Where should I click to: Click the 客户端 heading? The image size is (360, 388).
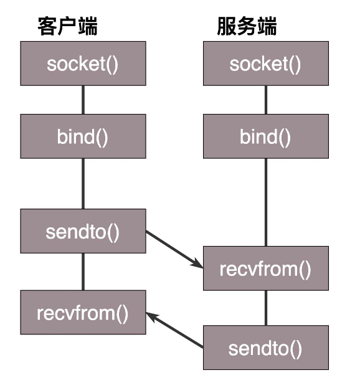(x=68, y=27)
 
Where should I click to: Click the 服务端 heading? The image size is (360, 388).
(x=247, y=27)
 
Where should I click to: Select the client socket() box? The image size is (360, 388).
(x=83, y=64)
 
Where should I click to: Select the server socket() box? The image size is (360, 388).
(x=265, y=64)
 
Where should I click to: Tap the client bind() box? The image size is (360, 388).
(x=83, y=136)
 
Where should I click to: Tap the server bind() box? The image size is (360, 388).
(x=265, y=136)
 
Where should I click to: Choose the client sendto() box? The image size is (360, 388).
(x=83, y=232)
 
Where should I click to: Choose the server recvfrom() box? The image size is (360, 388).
(x=265, y=268)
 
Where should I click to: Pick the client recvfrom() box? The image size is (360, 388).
(x=83, y=312)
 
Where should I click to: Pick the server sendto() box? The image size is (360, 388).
(x=265, y=348)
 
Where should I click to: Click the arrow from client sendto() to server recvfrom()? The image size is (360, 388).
(x=174, y=249)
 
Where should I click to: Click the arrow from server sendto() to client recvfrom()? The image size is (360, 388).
(x=176, y=330)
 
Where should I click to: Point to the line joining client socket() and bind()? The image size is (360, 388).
(x=83, y=100)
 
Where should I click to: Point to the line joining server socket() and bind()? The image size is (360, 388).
(x=265, y=100)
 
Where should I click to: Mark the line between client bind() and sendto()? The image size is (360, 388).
(x=83, y=184)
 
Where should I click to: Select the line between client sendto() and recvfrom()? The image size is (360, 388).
(x=83, y=272)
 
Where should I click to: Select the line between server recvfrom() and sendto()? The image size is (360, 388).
(x=265, y=308)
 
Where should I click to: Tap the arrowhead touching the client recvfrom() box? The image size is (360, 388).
(x=153, y=316)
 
